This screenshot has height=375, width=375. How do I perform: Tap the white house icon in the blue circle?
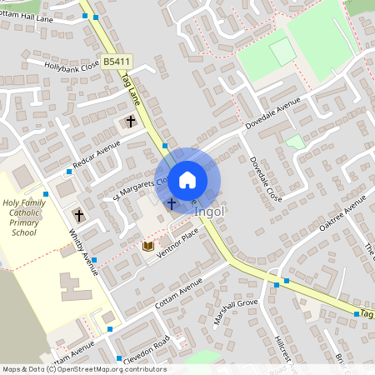point(187,179)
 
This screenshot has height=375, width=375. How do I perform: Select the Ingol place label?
point(209,212)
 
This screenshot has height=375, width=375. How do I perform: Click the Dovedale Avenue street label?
point(272,115)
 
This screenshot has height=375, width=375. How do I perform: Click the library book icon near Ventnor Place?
point(148,246)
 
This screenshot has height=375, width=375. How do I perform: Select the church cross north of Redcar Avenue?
point(130,122)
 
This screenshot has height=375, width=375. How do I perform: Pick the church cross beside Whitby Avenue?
point(79,215)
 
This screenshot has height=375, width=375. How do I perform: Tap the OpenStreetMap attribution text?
point(84,369)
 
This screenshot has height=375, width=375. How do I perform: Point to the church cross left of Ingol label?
point(172,202)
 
